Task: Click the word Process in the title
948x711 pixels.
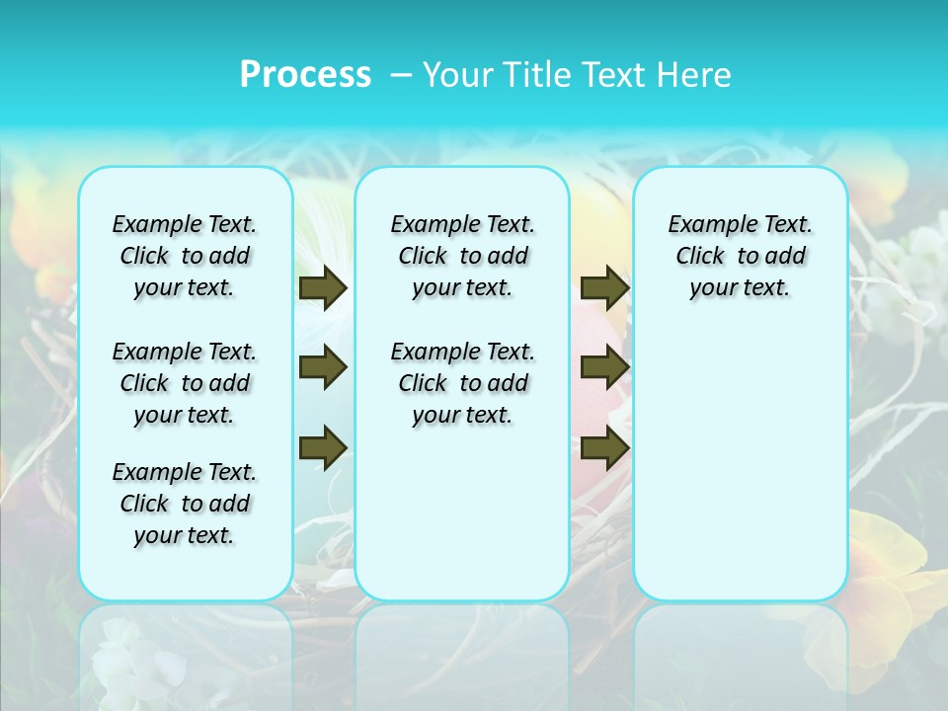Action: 305,74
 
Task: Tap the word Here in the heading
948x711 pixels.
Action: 693,74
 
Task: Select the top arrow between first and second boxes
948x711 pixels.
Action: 323,287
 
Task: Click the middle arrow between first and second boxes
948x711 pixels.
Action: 323,367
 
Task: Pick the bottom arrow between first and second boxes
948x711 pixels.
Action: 323,447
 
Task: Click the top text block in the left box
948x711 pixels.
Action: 185,256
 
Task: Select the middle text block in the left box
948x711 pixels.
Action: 185,383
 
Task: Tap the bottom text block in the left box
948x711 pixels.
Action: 185,504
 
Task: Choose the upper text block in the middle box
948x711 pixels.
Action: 462,256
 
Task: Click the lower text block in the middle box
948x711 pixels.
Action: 462,383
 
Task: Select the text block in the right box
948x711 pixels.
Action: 741,256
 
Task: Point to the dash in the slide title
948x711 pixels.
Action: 401,74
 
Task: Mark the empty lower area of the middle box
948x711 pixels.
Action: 462,513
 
